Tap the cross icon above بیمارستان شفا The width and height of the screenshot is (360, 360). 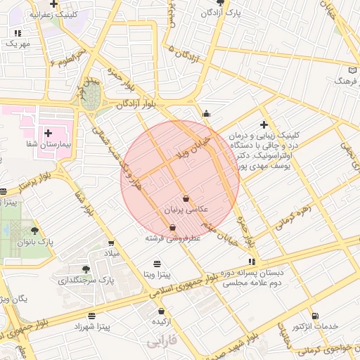(x=49, y=132)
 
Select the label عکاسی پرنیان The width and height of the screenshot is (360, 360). (x=184, y=210)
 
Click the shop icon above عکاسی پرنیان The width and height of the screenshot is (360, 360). (x=186, y=198)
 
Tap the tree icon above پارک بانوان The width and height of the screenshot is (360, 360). (x=34, y=231)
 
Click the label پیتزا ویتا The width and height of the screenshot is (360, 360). (x=156, y=274)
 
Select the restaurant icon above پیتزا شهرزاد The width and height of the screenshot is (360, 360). (x=92, y=316)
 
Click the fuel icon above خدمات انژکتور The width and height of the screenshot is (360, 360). (x=314, y=316)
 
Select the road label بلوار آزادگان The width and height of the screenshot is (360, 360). (x=135, y=103)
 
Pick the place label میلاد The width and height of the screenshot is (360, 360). (x=112, y=252)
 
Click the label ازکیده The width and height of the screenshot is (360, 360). (x=162, y=321)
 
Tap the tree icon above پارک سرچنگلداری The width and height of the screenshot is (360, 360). (x=86, y=269)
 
